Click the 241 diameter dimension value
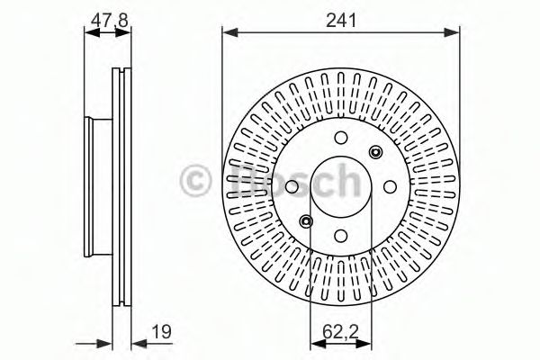coord(341,21)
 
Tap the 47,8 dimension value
coord(109,21)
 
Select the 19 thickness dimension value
coord(161,332)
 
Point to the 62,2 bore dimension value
coord(340,332)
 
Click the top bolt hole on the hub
coord(341,138)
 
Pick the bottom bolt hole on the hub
coord(341,236)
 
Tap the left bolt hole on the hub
coord(292,186)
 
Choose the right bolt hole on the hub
coord(390,186)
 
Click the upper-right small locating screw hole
coord(375,152)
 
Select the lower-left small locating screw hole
coord(306,221)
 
